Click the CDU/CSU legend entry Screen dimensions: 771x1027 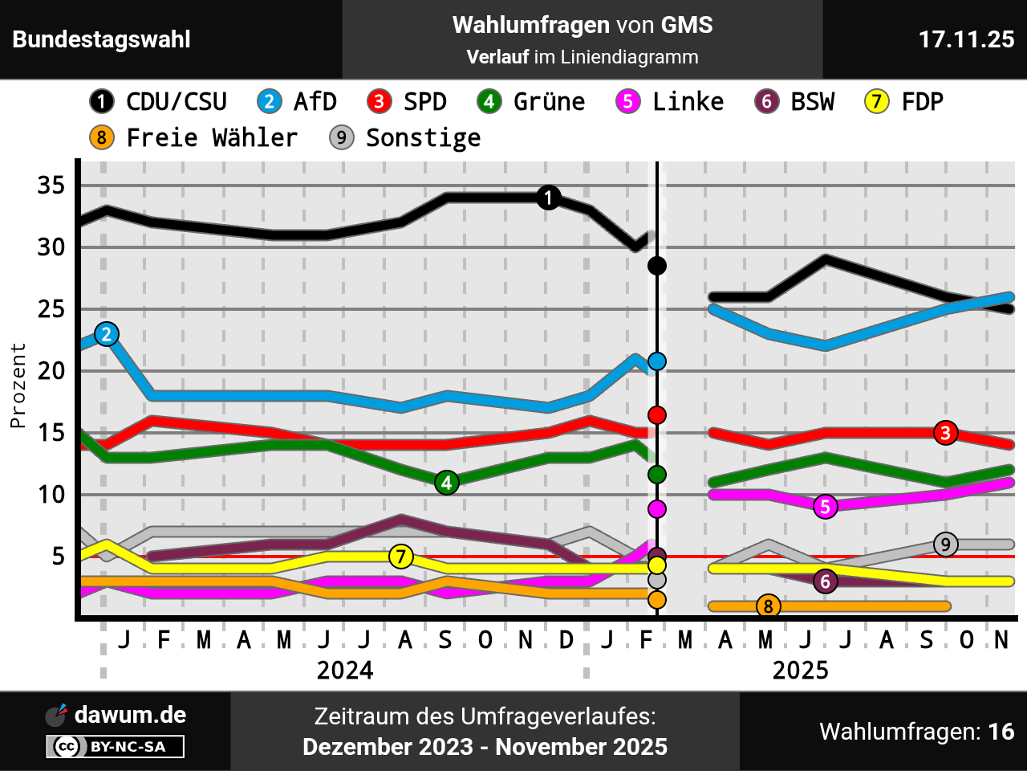(159, 102)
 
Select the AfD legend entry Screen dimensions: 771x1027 (297, 102)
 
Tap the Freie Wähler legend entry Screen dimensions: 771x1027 (193, 138)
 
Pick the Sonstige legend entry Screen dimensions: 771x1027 (405, 138)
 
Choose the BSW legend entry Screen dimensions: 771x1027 (795, 102)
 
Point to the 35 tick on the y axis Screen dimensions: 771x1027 (51, 186)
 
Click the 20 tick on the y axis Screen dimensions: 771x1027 (51, 371)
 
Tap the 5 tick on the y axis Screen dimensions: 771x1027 (58, 557)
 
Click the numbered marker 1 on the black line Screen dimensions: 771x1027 (548, 198)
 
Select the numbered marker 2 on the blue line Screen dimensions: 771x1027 (107, 334)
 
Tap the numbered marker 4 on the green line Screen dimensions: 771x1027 (447, 483)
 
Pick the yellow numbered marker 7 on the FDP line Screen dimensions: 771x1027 (401, 556)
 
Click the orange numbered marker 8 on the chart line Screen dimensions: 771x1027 (768, 606)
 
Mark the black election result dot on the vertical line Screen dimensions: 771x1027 (657, 266)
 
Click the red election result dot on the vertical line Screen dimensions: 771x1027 (657, 415)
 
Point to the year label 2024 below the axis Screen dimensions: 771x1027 (345, 671)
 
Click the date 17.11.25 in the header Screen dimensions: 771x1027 (966, 39)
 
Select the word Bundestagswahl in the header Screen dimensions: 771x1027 (102, 39)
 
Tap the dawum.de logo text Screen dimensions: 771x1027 (130, 715)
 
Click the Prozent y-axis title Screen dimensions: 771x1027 (18, 385)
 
